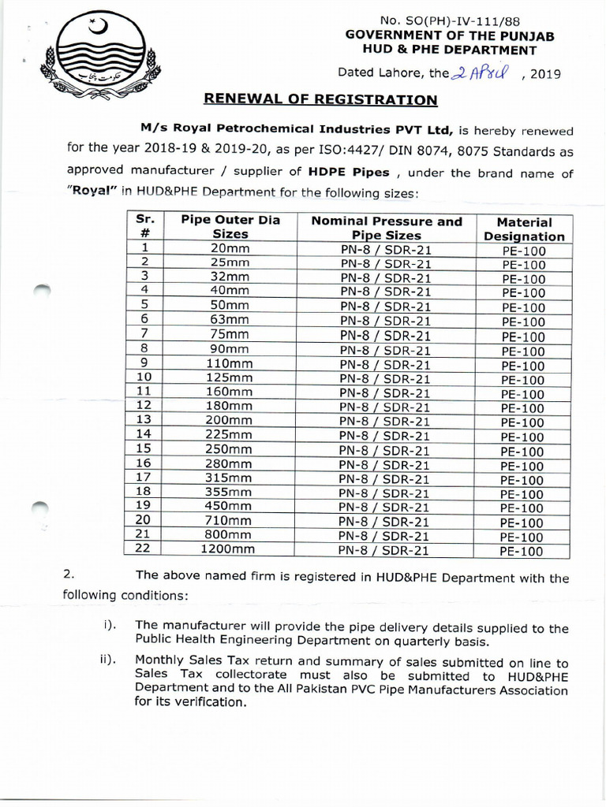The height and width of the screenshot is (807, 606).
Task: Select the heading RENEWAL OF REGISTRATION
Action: tap(320, 99)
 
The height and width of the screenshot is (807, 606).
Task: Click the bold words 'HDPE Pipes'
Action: tap(343, 173)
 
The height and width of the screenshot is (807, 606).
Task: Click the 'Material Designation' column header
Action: tap(524, 229)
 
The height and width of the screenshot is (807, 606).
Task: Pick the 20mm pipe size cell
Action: tap(230, 249)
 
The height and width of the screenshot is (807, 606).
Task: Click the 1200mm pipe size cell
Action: tap(228, 549)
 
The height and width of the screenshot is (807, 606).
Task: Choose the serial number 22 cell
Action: tap(143, 549)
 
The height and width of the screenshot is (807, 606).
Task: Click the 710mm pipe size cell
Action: tap(228, 520)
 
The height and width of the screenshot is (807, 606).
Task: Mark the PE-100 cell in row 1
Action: tap(523, 251)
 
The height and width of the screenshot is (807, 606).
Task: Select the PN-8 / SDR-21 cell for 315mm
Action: tap(386, 479)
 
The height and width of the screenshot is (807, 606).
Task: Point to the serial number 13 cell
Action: tap(143, 419)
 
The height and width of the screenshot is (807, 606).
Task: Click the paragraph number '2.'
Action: tap(69, 575)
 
